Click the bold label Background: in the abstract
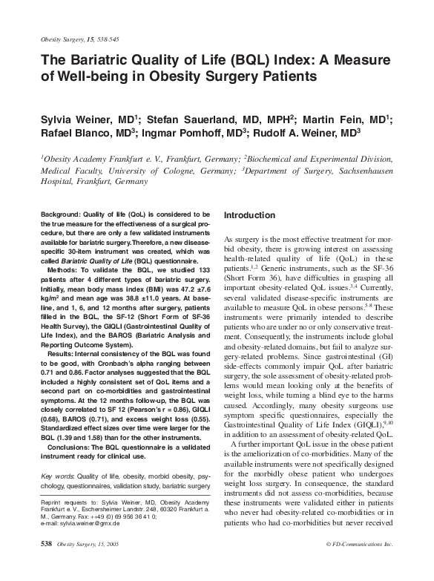(66, 214)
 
